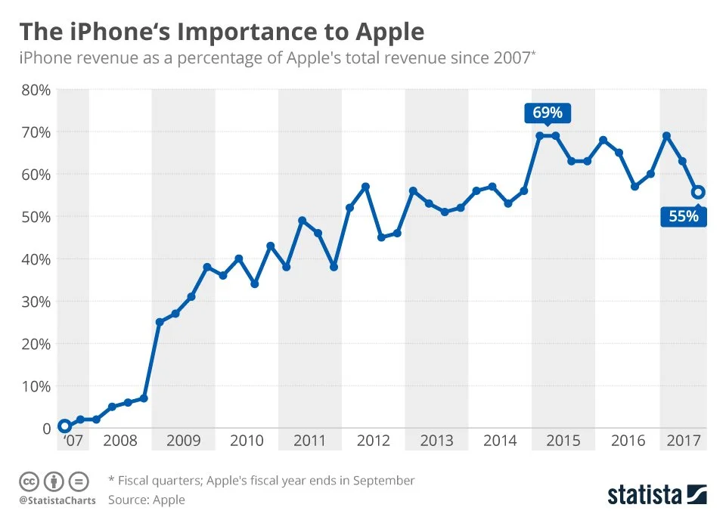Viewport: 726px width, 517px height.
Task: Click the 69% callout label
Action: (548, 113)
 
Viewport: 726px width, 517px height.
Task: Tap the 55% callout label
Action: (684, 216)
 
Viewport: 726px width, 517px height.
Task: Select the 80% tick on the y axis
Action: (35, 90)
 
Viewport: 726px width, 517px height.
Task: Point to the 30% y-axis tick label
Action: (35, 302)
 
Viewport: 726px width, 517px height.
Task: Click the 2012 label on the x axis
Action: (373, 441)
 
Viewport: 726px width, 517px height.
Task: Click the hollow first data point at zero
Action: (64, 427)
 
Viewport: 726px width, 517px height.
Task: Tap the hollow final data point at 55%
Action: (699, 193)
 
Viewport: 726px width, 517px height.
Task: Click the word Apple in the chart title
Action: (387, 33)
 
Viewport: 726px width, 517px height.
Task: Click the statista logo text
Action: (645, 495)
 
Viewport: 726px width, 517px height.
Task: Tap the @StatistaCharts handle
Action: (57, 500)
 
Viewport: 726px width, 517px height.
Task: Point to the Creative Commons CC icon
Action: (29, 481)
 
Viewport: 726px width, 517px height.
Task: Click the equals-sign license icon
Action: (79, 481)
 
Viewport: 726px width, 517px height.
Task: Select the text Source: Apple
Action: (147, 500)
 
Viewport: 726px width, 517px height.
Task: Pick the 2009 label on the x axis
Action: (183, 441)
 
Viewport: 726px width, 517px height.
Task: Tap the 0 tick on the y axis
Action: (45, 429)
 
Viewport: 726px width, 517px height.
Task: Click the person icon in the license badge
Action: (54, 481)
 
